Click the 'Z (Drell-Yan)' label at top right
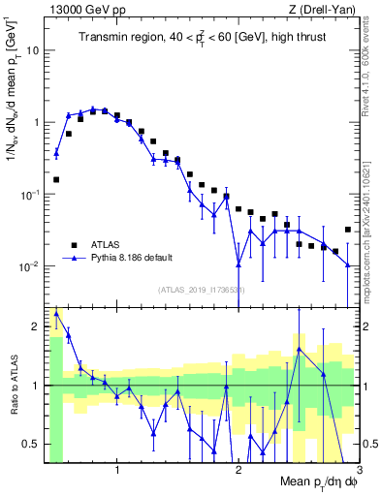coord(326,9)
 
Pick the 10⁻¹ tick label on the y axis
coord(30,195)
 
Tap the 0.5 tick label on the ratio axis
coord(33,444)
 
